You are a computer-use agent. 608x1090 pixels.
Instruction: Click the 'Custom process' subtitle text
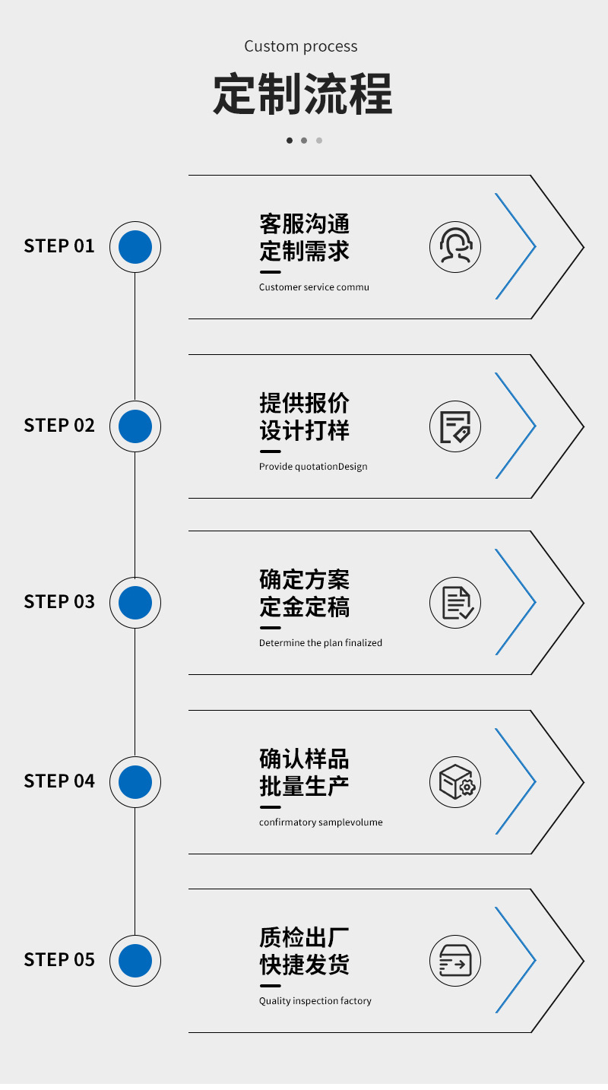(301, 46)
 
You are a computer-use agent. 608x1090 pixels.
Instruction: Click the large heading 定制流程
(302, 95)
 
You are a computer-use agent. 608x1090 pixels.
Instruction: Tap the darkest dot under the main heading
(290, 141)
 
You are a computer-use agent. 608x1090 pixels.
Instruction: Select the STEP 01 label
(59, 246)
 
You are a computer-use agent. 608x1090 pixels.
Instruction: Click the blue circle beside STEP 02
(135, 426)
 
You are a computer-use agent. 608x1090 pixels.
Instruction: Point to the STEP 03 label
(59, 602)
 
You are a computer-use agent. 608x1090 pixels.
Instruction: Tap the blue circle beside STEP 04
(135, 781)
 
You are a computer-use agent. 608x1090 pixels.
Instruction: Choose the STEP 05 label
(59, 960)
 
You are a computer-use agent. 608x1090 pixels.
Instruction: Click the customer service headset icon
(455, 246)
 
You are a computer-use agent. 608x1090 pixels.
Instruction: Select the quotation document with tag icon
(455, 426)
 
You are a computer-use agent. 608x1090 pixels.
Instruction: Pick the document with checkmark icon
(455, 603)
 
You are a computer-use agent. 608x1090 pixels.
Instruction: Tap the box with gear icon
(455, 782)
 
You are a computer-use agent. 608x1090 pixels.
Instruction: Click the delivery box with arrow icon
(455, 961)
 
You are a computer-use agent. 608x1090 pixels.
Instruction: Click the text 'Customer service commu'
(314, 287)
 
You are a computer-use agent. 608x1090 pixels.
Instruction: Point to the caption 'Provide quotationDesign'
(313, 467)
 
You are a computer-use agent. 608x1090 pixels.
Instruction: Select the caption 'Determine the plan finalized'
(321, 643)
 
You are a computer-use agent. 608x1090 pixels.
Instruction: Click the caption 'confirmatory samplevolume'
(321, 822)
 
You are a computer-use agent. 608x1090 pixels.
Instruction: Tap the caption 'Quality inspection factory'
(315, 1001)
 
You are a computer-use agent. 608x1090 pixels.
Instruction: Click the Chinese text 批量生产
(304, 786)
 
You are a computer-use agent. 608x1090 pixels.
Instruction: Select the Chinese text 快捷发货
(304, 965)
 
